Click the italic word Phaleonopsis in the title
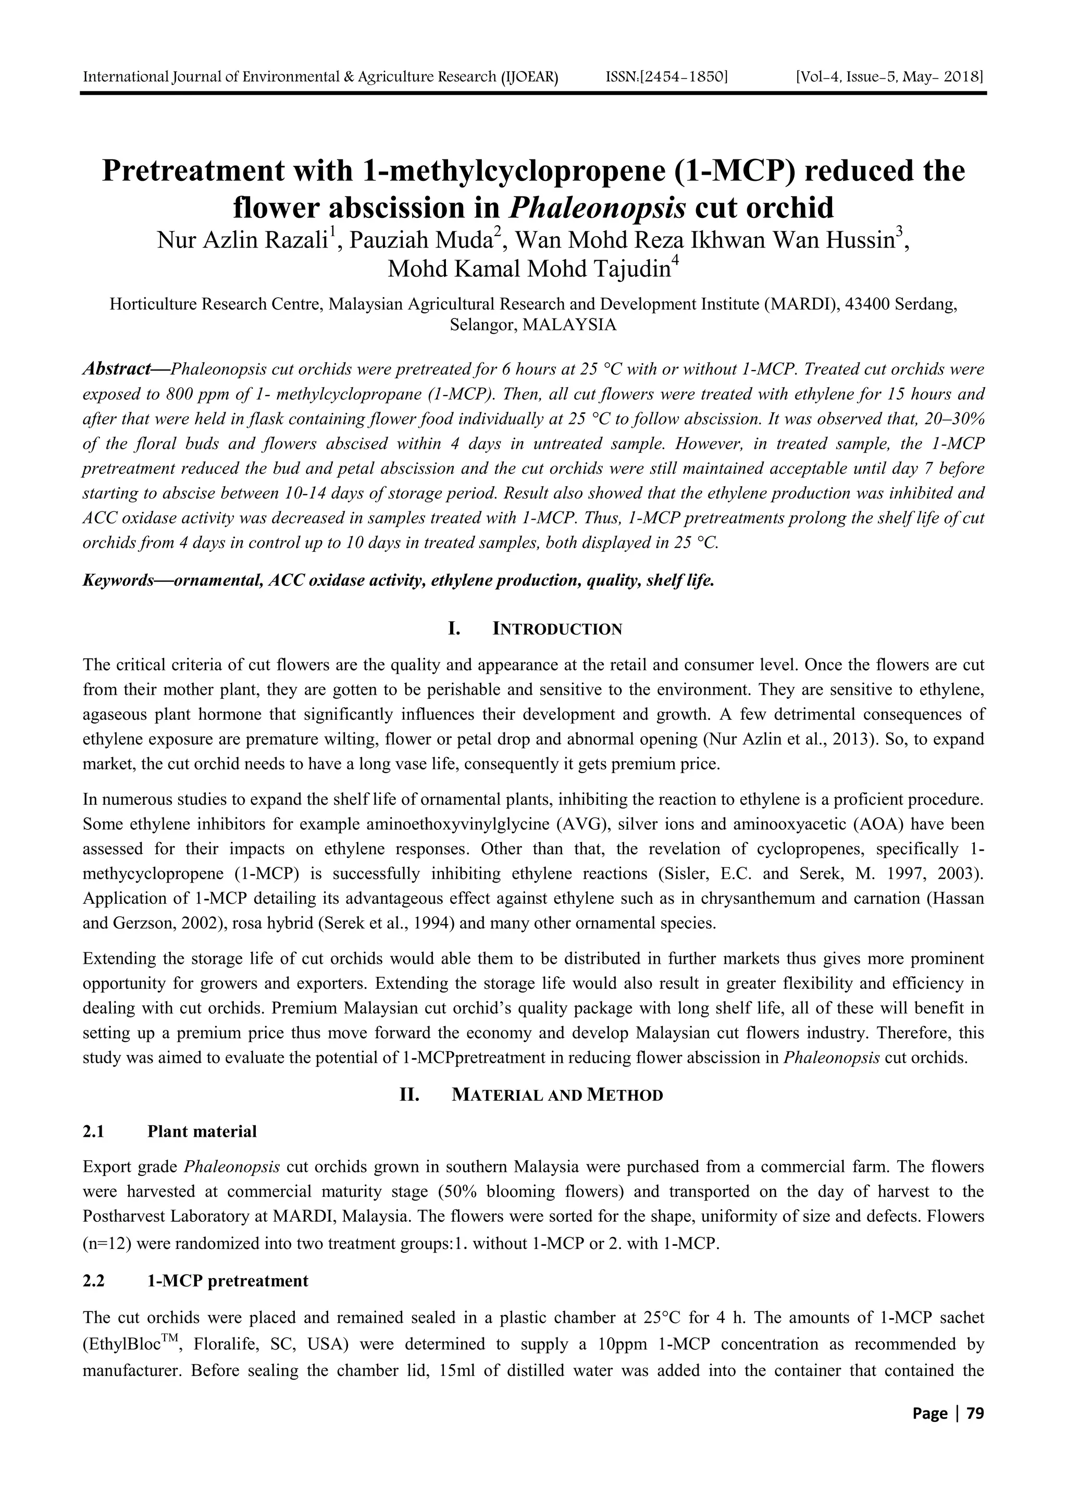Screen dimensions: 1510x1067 (597, 208)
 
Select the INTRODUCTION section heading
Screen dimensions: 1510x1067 (557, 630)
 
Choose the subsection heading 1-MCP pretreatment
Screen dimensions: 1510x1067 (228, 1281)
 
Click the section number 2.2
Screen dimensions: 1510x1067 (94, 1281)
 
